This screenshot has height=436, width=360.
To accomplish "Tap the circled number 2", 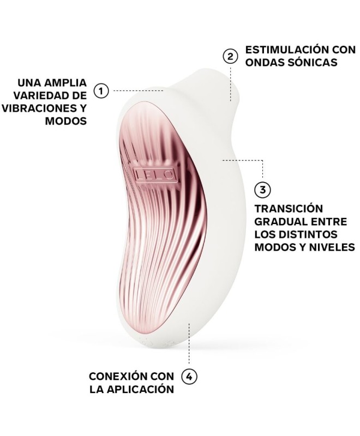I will coord(231,56).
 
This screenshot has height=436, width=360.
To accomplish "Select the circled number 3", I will coord(263,190).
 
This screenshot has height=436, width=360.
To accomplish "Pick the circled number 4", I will coord(189,376).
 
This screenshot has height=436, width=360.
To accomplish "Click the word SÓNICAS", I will coord(311,62).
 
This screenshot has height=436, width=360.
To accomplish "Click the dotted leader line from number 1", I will coord(136,90).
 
